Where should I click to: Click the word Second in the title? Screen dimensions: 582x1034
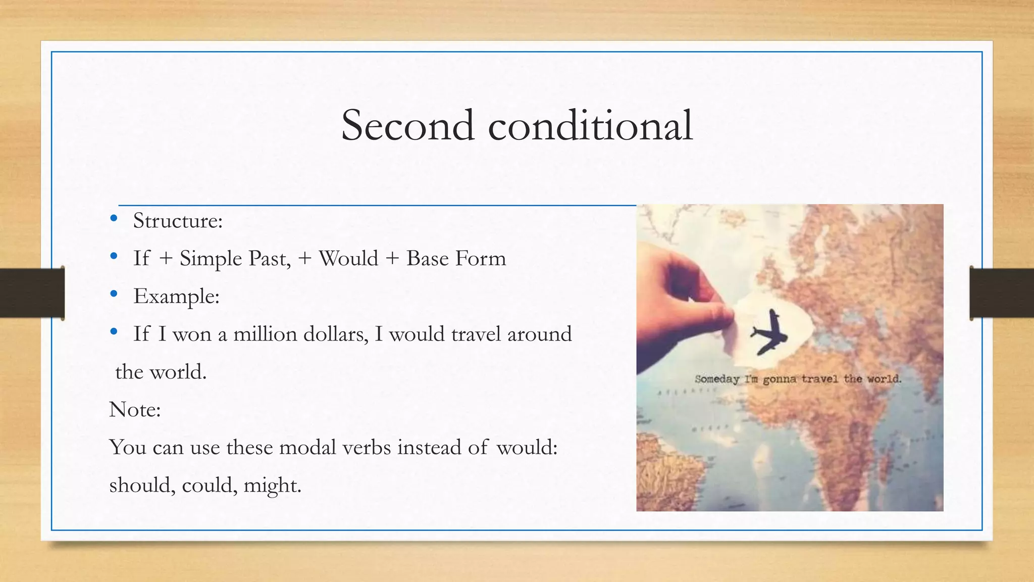click(407, 125)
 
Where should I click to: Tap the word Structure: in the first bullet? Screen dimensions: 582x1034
click(178, 221)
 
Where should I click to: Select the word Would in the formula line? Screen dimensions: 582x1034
click(348, 259)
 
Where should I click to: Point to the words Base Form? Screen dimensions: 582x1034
click(456, 259)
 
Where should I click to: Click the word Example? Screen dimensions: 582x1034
click(176, 297)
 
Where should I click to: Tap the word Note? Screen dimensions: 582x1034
click(135, 410)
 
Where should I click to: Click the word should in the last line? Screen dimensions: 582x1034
click(142, 486)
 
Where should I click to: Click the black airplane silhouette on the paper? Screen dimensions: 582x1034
click(768, 332)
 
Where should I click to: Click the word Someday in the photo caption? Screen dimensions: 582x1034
click(716, 379)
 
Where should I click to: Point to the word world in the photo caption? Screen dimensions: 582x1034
click(884, 378)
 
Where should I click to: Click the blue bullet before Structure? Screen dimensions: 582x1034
click(114, 219)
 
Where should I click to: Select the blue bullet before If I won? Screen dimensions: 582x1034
click(114, 332)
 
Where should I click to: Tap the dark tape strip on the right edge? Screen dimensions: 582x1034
click(1002, 293)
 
